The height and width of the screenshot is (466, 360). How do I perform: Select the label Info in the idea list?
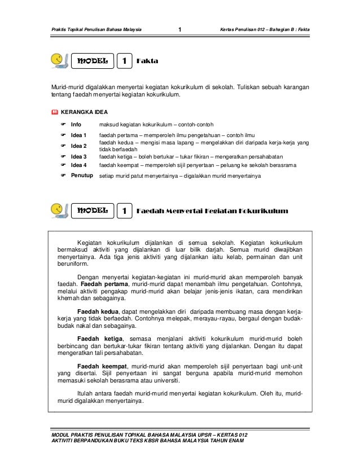76,124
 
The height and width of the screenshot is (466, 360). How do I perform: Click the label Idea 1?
78,136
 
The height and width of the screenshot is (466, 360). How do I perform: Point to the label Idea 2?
78,146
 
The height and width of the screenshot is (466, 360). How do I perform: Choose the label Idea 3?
78,156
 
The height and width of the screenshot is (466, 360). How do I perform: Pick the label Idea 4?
78,165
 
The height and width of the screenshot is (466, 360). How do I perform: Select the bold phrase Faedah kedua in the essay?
98,311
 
